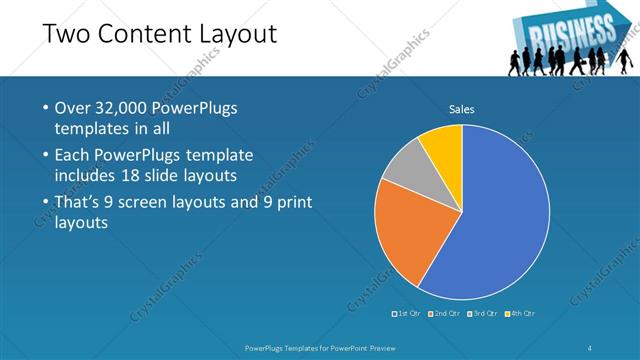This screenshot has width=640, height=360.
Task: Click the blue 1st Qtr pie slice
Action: coord(500,220)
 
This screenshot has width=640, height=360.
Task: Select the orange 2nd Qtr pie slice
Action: coord(405,235)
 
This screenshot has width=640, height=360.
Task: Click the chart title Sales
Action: coord(461,109)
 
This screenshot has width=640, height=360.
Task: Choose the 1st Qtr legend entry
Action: coord(406,314)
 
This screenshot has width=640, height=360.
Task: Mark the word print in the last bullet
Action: coord(293,202)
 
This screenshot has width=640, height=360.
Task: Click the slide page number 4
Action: coord(591,347)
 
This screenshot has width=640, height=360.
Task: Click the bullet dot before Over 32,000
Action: coord(45,108)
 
